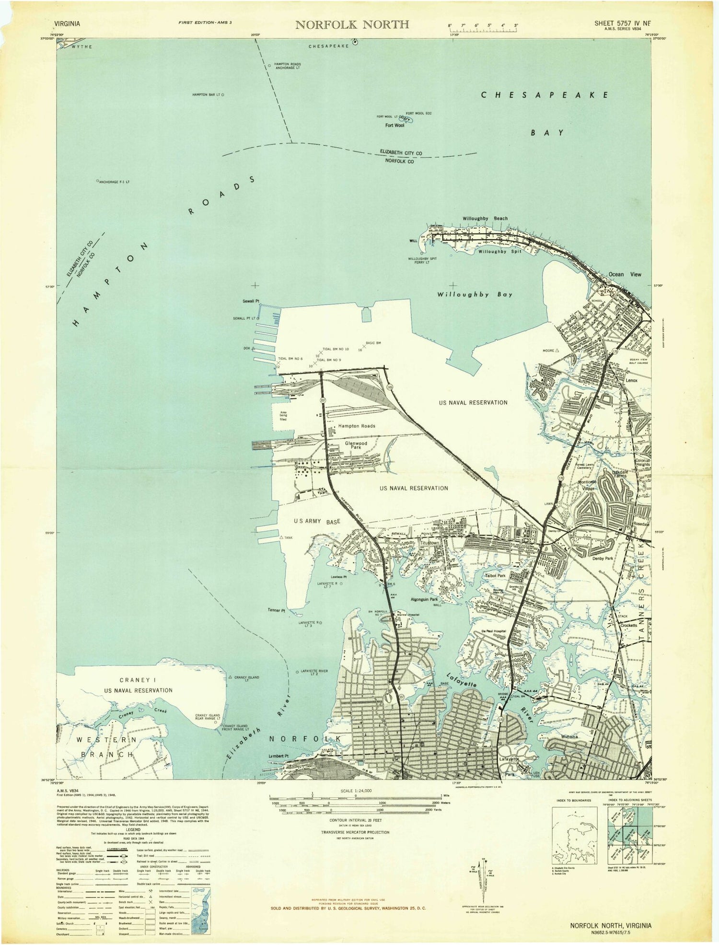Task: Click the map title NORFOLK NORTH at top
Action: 352,24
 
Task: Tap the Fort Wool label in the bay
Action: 394,126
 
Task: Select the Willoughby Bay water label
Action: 475,294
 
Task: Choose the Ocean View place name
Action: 625,274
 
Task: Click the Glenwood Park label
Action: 356,445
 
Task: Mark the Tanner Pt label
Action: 277,610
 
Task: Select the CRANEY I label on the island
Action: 138,680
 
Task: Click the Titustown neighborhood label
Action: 429,543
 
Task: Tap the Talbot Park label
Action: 495,575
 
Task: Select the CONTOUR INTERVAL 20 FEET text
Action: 355,820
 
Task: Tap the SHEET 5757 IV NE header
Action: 623,23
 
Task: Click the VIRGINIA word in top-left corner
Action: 68,23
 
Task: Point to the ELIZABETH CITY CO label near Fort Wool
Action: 401,152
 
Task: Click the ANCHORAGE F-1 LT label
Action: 114,182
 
